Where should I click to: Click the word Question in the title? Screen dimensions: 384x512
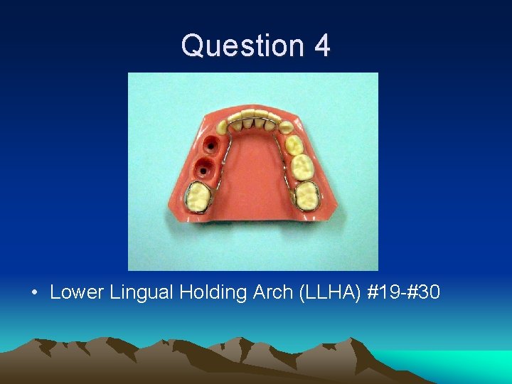click(233, 46)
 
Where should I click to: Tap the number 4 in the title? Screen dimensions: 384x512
click(321, 46)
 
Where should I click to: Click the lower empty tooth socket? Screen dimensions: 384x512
click(204, 169)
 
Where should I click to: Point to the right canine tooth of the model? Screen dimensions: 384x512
click(285, 128)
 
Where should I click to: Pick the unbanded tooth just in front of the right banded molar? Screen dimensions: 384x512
click(302, 168)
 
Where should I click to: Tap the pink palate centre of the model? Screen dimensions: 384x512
click(252, 171)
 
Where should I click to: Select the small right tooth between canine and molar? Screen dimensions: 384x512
click(294, 146)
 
